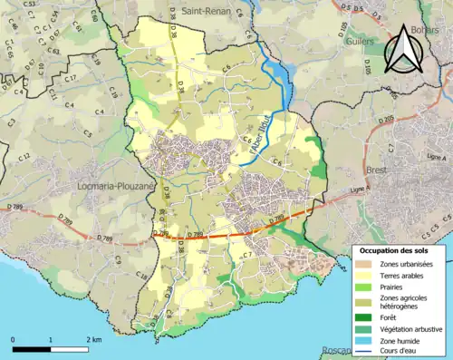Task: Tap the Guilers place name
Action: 357,41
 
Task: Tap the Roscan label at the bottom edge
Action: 337,352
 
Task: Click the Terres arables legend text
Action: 401,275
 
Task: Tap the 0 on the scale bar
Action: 13,339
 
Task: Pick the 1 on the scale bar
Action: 51,339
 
